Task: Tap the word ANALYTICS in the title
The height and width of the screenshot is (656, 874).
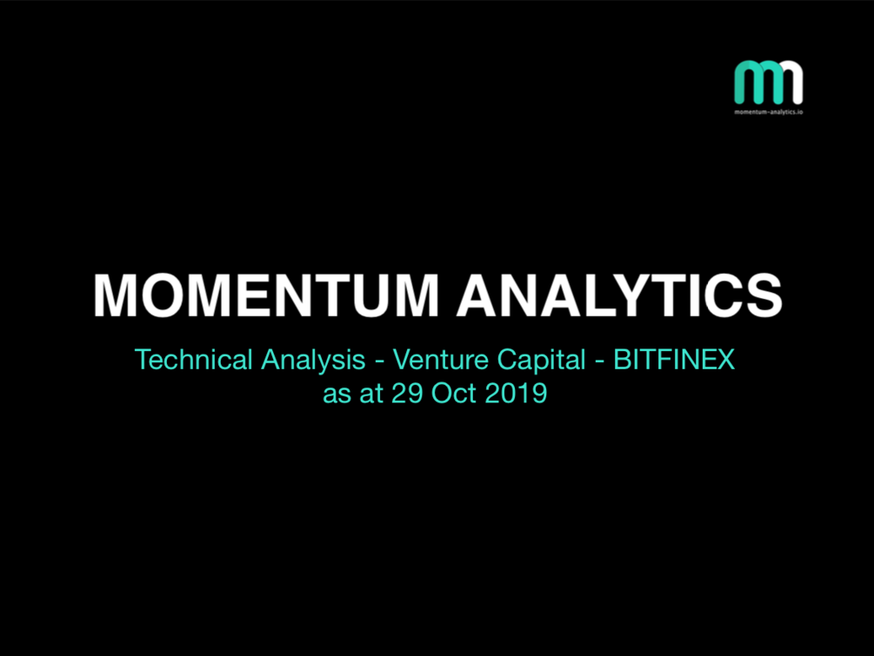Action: click(x=620, y=295)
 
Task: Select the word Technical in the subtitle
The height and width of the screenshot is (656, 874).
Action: click(x=194, y=359)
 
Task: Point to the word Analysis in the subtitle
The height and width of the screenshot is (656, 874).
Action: click(x=313, y=361)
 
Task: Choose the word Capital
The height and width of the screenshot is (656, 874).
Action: click(x=541, y=361)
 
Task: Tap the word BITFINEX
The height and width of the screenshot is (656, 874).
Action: click(x=674, y=359)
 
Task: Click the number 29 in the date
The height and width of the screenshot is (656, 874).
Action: click(x=406, y=393)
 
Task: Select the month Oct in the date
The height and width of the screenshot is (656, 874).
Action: click(x=453, y=393)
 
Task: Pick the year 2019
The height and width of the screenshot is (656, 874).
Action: click(x=517, y=393)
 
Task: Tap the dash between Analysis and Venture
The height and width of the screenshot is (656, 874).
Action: click(x=379, y=362)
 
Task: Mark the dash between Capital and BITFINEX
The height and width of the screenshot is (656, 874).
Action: click(x=600, y=362)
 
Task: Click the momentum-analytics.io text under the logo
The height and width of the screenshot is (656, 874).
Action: click(x=769, y=112)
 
